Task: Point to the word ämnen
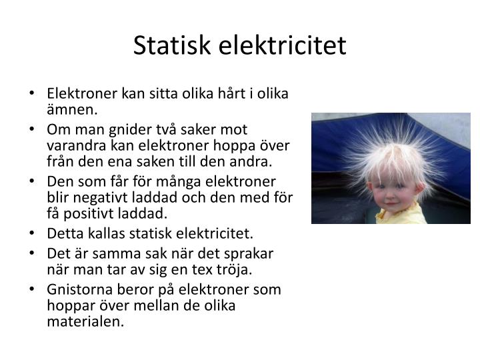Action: pyautogui.click(x=72, y=109)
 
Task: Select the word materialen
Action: pyautogui.click(x=86, y=321)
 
